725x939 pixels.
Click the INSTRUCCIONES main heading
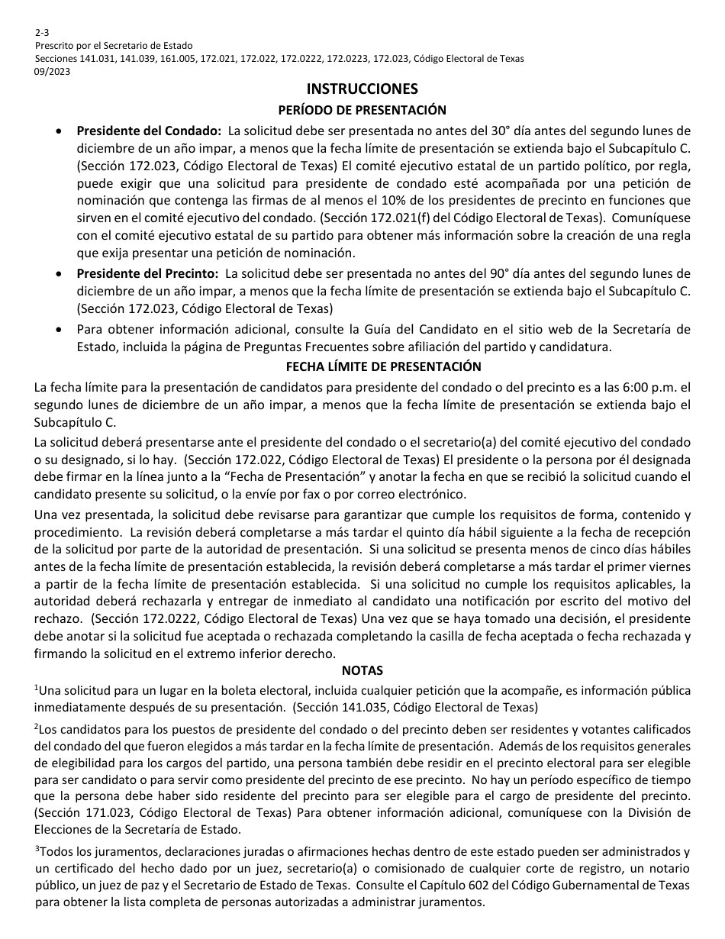click(x=362, y=89)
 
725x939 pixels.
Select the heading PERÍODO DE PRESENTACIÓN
click(x=362, y=110)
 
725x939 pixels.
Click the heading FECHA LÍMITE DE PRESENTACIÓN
click(x=362, y=367)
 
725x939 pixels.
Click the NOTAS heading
click(x=362, y=670)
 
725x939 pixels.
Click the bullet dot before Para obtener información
click(x=60, y=330)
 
